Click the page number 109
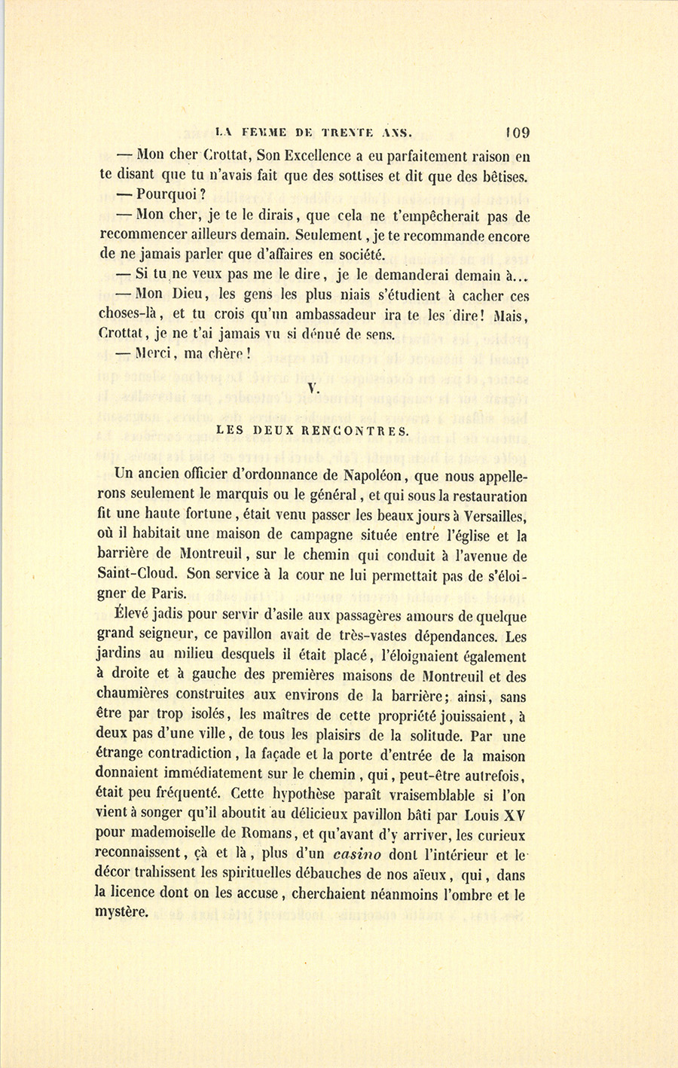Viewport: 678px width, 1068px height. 518,133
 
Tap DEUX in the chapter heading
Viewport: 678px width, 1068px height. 274,432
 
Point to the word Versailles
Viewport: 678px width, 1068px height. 492,516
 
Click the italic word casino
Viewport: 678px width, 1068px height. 357,856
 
